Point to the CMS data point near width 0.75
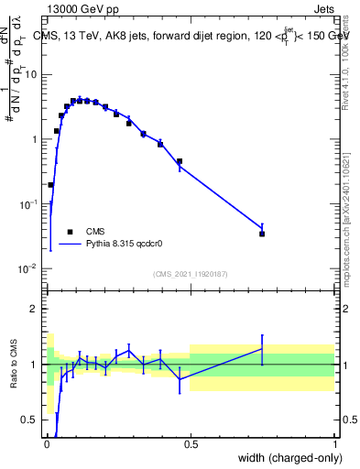point(262,234)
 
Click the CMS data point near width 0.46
point(180,161)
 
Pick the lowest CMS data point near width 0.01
point(50,184)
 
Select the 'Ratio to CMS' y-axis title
point(14,365)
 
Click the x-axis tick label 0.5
point(191,443)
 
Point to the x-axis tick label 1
point(334,443)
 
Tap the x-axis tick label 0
point(47,443)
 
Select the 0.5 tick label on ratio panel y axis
point(32,420)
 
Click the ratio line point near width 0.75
point(262,349)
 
